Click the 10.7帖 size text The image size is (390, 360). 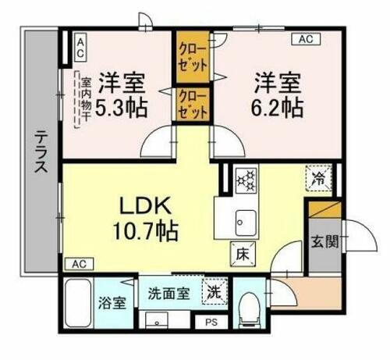pyautogui.click(x=146, y=231)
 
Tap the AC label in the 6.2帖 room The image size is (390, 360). pyautogui.click(x=303, y=38)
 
